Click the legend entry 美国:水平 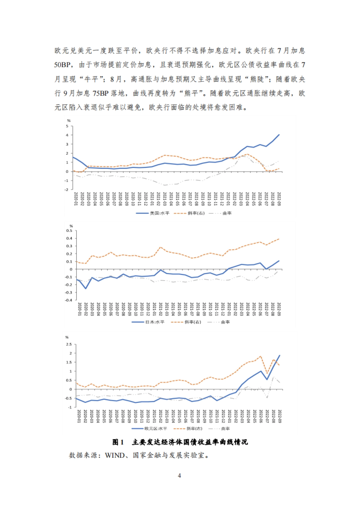click(159, 213)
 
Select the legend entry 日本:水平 click(155, 322)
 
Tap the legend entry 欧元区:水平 click(156, 429)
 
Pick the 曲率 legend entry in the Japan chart click(225, 322)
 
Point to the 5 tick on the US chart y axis click(67, 126)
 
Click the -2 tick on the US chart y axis click(67, 189)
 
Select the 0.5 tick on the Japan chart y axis click(69, 231)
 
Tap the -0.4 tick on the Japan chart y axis click(69, 300)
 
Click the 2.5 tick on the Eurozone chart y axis click(69, 344)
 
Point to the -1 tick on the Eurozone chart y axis click(70, 407)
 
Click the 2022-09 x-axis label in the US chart click(279, 199)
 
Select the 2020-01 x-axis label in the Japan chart click(79, 309)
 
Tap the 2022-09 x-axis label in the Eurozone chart click(280, 416)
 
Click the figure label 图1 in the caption click(118, 442)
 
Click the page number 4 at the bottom click(179, 476)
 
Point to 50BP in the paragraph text click(62, 65)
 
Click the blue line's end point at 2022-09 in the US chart click(279, 135)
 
